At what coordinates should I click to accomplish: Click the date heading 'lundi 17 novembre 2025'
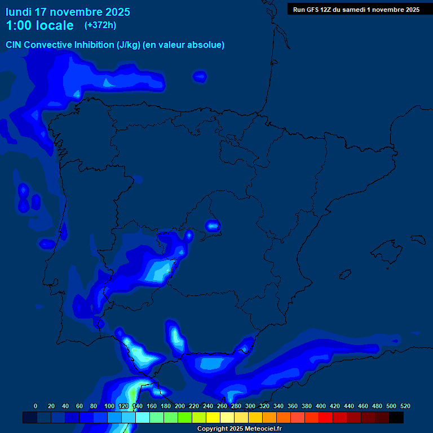[68, 12]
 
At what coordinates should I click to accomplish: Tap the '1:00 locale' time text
[39, 25]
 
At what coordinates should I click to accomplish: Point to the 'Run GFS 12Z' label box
[356, 9]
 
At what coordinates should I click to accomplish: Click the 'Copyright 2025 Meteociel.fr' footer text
[239, 429]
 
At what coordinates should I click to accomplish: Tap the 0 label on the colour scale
[36, 406]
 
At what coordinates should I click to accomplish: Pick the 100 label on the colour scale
[109, 406]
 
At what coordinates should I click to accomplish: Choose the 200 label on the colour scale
[180, 406]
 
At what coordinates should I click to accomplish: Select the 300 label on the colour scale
[250, 406]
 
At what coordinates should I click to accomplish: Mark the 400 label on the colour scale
[321, 406]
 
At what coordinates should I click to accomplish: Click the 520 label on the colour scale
[405, 406]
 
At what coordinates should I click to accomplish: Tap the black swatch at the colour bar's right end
[396, 418]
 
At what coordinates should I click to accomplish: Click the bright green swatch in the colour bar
[185, 418]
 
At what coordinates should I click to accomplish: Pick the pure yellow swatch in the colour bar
[213, 418]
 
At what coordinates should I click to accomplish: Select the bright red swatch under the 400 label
[326, 418]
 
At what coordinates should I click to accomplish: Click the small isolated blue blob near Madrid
[213, 226]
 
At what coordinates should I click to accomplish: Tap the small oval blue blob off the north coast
[200, 76]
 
